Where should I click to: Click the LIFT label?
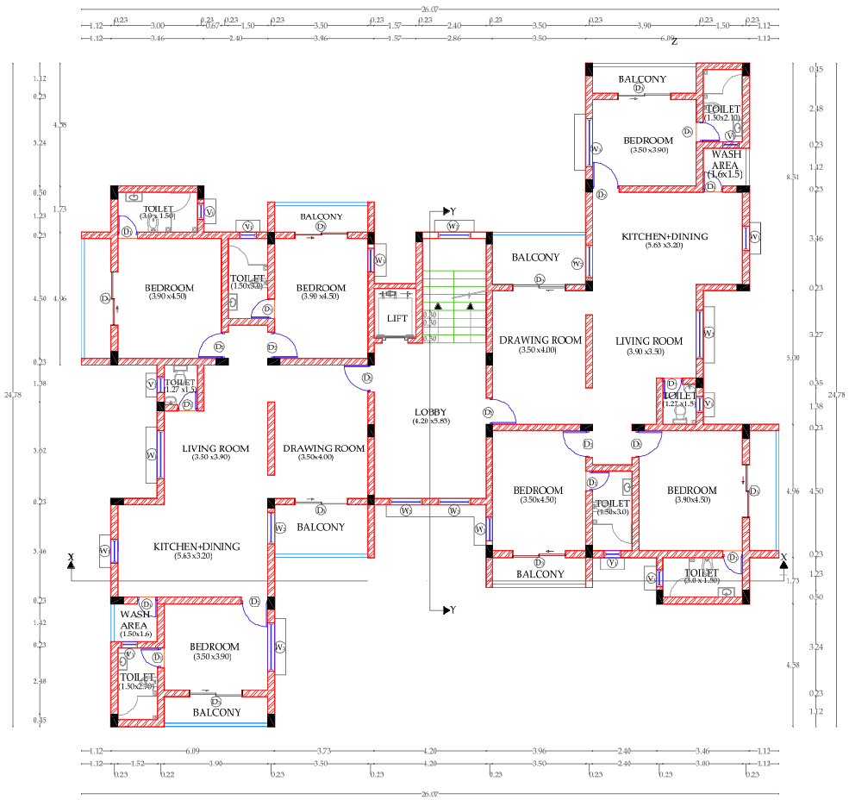point(397,318)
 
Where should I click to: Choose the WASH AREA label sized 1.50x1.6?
point(135,624)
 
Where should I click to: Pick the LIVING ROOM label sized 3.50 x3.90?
point(215,448)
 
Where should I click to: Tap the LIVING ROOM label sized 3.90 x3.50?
point(649,341)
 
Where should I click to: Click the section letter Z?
point(674,41)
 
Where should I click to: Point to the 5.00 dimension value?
point(792,358)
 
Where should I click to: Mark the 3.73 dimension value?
point(324,751)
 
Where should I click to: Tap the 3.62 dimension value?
point(39,450)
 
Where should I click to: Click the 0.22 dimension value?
point(166,775)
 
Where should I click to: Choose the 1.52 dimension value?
point(137,764)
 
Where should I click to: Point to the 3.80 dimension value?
point(702,764)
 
